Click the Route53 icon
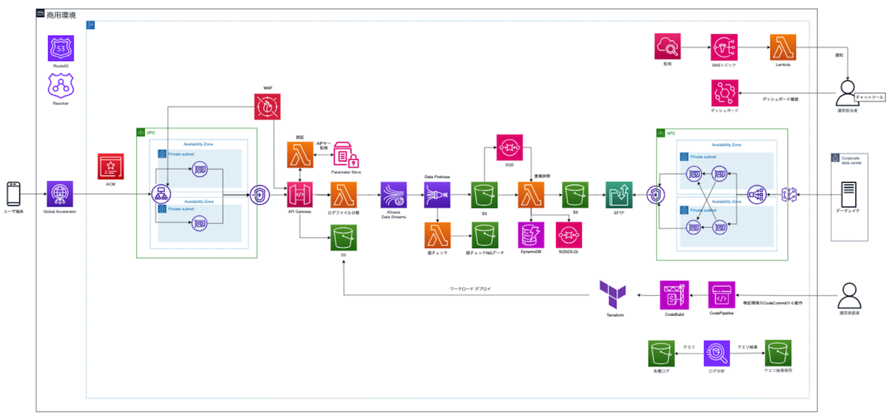click(x=60, y=50)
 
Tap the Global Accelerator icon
click(x=60, y=194)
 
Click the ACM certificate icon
click(x=110, y=166)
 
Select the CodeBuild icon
click(x=674, y=295)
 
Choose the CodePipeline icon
click(x=722, y=295)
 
